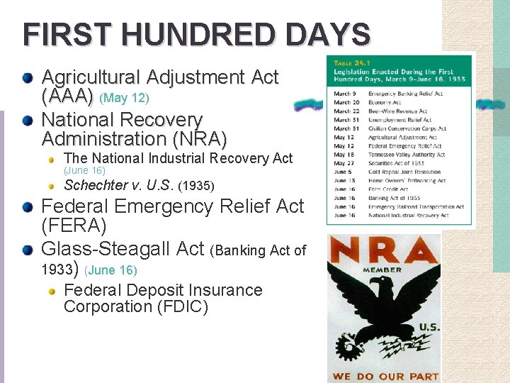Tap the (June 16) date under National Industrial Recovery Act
coord(84,171)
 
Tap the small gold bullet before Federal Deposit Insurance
coord(52,291)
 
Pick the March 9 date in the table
coord(343,94)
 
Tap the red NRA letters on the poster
coord(383,250)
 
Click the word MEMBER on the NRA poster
coord(382,270)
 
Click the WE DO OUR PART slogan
coord(385,375)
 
